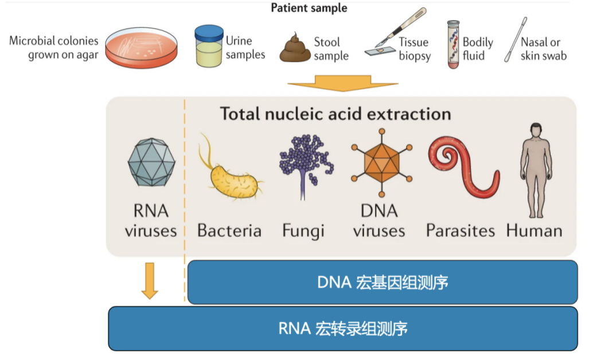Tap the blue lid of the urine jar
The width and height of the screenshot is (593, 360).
(209, 33)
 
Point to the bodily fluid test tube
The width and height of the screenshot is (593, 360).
(453, 44)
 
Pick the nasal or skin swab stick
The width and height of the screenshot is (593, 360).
(516, 40)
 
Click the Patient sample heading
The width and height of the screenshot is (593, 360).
(309, 8)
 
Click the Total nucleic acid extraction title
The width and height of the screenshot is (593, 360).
(335, 114)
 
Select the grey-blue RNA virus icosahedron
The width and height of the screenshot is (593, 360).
(151, 162)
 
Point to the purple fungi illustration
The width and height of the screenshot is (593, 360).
(306, 166)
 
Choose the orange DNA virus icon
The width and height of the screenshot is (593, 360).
(381, 163)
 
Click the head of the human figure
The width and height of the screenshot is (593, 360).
(536, 131)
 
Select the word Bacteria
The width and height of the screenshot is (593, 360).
(229, 230)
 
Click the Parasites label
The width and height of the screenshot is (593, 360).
(461, 230)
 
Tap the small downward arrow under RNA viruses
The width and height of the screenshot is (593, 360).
(150, 280)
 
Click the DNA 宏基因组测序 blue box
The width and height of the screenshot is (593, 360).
(383, 282)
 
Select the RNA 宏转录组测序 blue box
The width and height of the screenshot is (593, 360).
(343, 328)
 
